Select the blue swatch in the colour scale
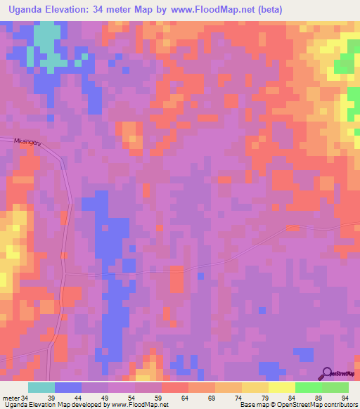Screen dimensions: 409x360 68,387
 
